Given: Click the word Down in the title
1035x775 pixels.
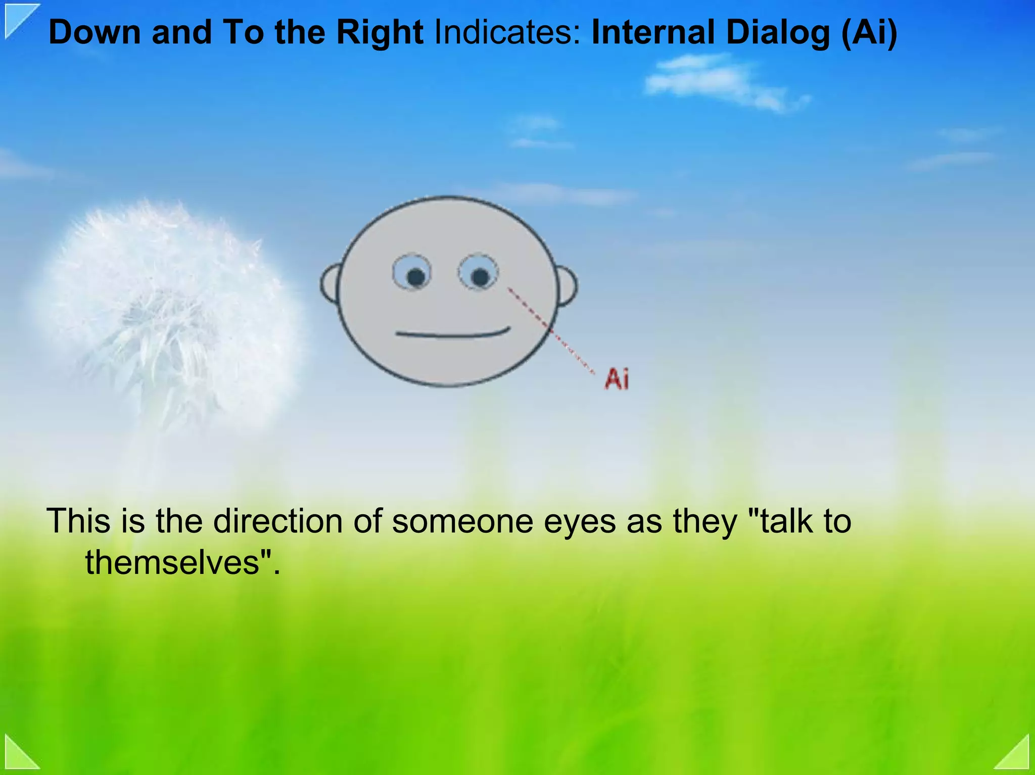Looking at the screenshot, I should (x=95, y=32).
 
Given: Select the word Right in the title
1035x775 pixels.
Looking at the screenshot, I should (x=380, y=32).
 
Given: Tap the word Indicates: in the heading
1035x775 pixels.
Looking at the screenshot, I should (x=507, y=32).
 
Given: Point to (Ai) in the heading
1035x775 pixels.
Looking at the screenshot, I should (x=869, y=32).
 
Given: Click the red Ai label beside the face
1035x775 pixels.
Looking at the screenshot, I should (x=617, y=379).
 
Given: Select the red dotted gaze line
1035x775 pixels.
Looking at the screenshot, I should (x=551, y=331).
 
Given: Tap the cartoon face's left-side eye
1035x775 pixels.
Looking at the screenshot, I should (x=412, y=273).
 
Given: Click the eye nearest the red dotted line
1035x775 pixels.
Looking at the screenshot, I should (x=478, y=273).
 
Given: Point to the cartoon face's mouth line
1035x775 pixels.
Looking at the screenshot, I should (x=452, y=334).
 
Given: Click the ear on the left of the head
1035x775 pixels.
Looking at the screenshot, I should (x=330, y=284).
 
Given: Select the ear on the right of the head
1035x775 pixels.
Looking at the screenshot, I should (x=567, y=286).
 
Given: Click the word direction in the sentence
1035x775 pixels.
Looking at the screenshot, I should (x=277, y=521).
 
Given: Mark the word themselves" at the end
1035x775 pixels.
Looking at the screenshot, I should (x=182, y=562).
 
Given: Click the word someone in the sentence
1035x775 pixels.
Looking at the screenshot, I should (x=462, y=521).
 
